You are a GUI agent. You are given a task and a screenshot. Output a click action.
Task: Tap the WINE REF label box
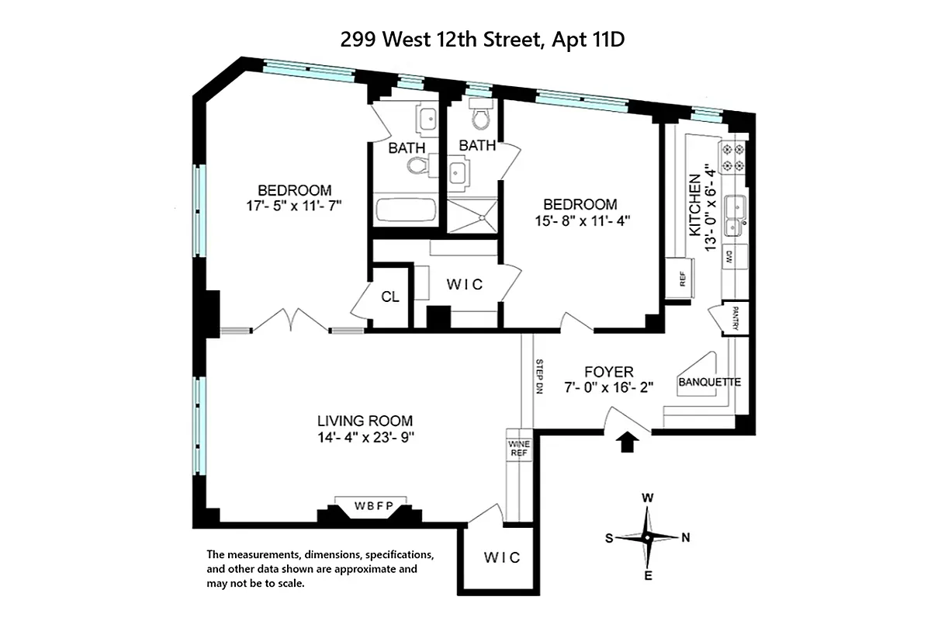point(517,449)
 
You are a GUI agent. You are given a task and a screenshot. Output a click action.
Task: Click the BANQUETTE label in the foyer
point(709,383)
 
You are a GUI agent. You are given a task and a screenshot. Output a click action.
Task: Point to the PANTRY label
point(735,318)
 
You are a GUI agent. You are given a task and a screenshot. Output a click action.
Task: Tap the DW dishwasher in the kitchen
point(729,258)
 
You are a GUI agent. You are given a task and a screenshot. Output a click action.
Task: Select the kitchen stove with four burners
point(733,157)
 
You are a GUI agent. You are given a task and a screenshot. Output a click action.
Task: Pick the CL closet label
point(389,297)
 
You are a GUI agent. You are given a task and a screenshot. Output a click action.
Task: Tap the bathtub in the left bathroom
point(404,210)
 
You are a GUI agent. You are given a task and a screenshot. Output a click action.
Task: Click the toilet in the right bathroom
point(480,116)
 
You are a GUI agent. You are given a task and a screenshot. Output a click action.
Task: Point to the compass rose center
point(646,537)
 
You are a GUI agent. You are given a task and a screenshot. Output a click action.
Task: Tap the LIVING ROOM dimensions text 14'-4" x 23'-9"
point(365,437)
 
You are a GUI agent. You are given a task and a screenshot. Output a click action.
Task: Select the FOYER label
point(609,372)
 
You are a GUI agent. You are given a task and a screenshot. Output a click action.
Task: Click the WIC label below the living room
point(501,557)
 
